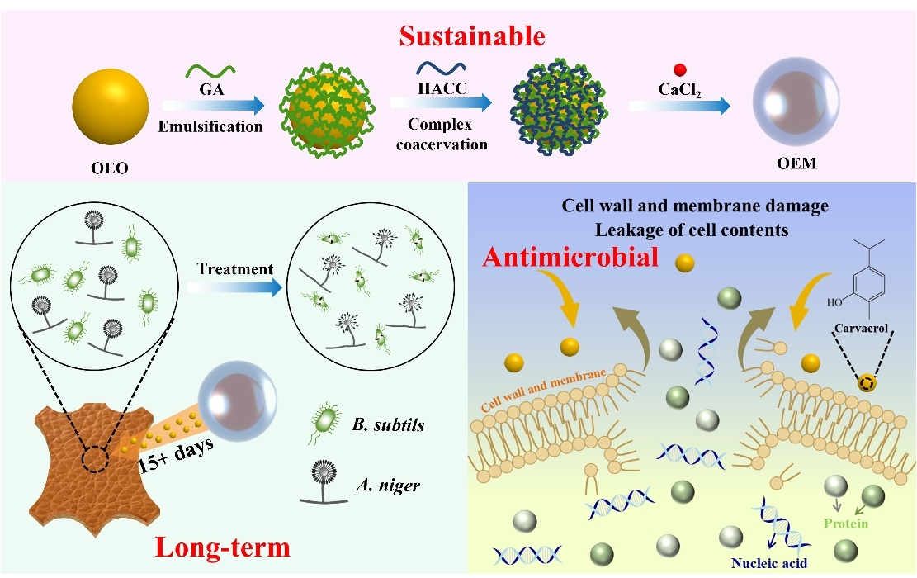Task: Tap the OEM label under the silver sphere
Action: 797,164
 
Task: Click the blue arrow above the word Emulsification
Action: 213,106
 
